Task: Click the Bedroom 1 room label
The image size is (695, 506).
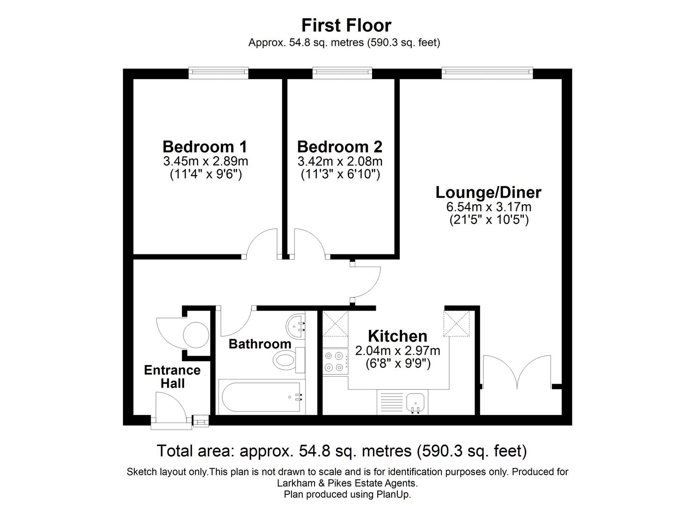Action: point(205,147)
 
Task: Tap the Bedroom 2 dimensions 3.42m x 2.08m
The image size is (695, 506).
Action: point(340,162)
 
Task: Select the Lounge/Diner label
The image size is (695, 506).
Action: point(489,193)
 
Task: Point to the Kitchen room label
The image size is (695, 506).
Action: point(397,336)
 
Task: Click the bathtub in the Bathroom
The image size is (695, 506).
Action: point(261,397)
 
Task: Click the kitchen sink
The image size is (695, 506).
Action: point(415,403)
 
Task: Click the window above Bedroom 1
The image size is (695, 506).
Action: point(218,72)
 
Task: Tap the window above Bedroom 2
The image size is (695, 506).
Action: point(342,72)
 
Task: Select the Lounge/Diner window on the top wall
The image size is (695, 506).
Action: point(487,72)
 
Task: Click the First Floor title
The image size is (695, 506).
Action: point(346,25)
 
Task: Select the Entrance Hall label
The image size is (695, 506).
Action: point(172,377)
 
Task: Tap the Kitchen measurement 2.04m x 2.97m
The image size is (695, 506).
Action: point(397,350)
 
